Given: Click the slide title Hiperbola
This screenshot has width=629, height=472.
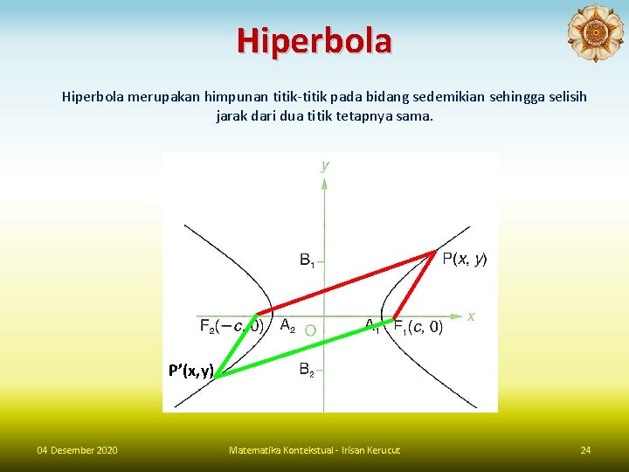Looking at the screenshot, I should coord(314,40).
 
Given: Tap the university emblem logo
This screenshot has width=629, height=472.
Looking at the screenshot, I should coord(595,33).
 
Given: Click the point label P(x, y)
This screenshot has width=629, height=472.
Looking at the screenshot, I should coord(465,258).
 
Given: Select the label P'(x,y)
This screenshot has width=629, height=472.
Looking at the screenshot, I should coord(191,371).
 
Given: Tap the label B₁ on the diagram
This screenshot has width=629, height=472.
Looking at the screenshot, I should coord(308,260).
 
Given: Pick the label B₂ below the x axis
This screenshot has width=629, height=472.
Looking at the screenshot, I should coord(308,371).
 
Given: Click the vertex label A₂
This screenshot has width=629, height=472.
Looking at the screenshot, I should coord(287,326).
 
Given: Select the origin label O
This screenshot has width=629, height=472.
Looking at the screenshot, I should coord(310,331).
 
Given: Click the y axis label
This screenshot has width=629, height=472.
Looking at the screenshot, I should coord(325,164).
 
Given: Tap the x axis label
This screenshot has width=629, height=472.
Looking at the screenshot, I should coord(471,316).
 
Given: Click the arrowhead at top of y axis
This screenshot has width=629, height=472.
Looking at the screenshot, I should coord(324,183).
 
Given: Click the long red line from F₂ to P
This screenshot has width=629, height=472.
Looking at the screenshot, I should coord(345,284).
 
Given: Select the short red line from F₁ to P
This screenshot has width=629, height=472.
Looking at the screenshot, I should coord(414,284).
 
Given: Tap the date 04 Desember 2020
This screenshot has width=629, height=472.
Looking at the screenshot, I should coord(77,450).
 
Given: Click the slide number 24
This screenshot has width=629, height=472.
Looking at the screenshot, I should coord(585,450).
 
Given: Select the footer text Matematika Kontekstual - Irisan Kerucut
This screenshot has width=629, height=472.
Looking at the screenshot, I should coord(314,450).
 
